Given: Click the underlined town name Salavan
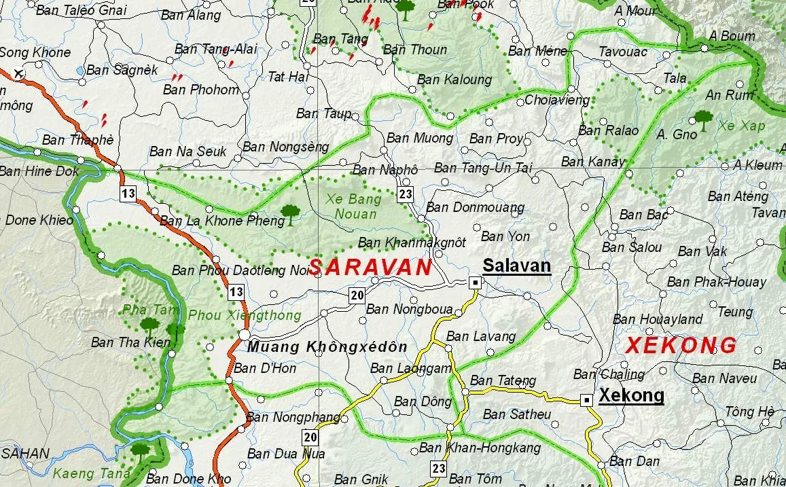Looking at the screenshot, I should click(x=516, y=266).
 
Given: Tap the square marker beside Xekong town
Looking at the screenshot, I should click(x=587, y=400).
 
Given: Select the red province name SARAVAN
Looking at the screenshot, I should click(x=370, y=267).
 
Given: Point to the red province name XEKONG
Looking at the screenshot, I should click(x=681, y=345).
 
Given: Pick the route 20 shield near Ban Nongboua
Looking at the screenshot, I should click(x=357, y=295).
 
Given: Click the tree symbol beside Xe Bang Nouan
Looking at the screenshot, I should click(x=290, y=213).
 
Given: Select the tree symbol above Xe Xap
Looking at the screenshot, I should click(x=704, y=120).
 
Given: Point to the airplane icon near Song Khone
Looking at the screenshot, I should click(x=18, y=73).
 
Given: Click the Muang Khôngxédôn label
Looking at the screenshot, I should click(x=327, y=347).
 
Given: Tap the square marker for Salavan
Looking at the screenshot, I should click(x=476, y=282).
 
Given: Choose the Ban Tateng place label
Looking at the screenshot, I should click(x=503, y=380).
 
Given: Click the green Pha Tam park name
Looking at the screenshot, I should click(x=141, y=310).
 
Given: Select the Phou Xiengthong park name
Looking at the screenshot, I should click(x=244, y=316).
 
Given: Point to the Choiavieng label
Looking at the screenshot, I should click(x=557, y=101).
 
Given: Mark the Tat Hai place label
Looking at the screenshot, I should click(x=288, y=77).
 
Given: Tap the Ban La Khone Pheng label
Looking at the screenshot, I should click(x=221, y=221).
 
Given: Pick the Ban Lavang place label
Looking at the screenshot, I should click(x=481, y=336).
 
